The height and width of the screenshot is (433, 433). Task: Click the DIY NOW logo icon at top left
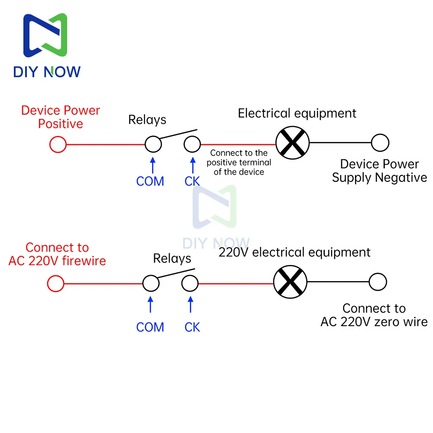click(45, 35)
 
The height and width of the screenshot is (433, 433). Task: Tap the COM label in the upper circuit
click(150, 181)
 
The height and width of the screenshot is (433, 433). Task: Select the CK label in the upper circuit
click(192, 181)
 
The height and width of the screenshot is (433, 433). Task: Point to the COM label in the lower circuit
click(150, 327)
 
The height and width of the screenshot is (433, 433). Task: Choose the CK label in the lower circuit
click(192, 327)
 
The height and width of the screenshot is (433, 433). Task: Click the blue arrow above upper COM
click(153, 165)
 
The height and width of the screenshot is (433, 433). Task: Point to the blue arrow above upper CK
click(193, 165)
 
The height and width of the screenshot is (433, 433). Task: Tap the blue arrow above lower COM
click(151, 304)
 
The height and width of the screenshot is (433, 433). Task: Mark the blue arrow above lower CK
click(191, 304)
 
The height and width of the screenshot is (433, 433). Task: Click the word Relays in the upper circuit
click(147, 120)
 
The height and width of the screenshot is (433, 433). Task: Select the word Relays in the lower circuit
click(172, 259)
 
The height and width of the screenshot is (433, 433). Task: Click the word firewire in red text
click(84, 261)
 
